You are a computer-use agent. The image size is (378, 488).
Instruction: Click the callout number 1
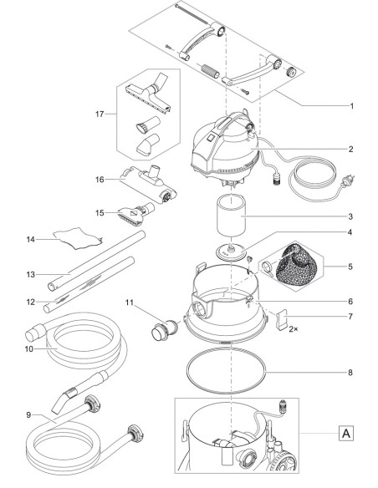pos(351,106)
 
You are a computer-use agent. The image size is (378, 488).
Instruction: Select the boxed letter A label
pos(346,433)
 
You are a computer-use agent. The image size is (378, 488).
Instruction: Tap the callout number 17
pos(100,114)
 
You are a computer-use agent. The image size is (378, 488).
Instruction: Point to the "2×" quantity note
pos(293,328)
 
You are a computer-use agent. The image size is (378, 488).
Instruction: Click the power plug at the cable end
pos(348,180)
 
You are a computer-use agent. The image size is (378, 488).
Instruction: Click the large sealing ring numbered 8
pos(227,371)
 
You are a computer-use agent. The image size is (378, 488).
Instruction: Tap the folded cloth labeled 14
pos(78,238)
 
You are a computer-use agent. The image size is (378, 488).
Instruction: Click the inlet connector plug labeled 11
pos(164,332)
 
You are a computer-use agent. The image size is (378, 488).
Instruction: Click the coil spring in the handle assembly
pos(211,72)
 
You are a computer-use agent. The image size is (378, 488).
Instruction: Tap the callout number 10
pos(29,349)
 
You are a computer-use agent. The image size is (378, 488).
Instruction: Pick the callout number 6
pos(350,302)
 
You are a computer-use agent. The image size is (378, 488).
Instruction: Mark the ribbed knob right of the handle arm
pos(291,74)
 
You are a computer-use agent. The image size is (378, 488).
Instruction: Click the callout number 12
pos(30,302)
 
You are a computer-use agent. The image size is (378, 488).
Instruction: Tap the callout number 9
pos(28,414)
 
